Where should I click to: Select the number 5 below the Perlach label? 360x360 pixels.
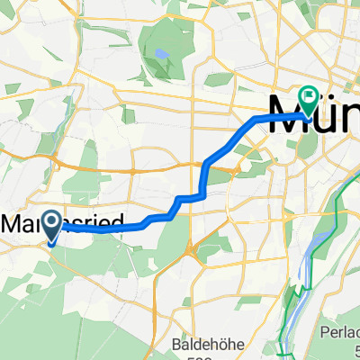pyautogui.click(x=355, y=355)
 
